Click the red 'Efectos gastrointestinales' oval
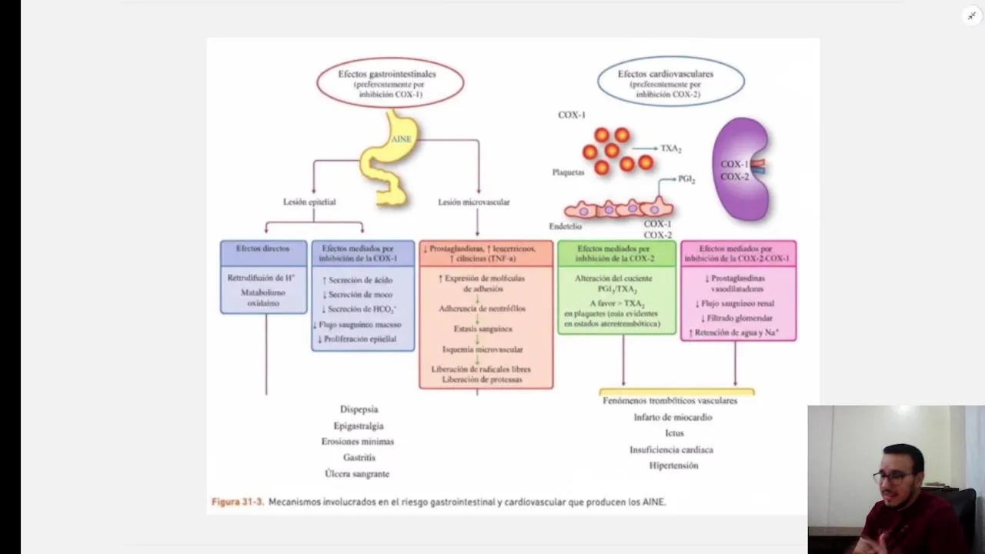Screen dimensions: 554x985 (390, 83)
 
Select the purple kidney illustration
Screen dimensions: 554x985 (741, 169)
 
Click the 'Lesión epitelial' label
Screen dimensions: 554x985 (309, 202)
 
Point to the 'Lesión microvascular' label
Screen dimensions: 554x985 (474, 202)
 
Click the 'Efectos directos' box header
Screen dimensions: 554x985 (263, 249)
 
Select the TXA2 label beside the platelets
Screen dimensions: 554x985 (671, 149)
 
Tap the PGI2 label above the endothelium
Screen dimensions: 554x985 (686, 179)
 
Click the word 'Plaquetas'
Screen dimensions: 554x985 (568, 172)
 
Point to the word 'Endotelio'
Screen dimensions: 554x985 (565, 226)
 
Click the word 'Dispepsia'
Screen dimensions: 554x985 (359, 409)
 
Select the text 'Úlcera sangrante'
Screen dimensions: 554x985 (357, 474)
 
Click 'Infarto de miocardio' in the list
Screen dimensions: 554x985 (673, 417)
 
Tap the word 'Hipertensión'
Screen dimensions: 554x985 (673, 466)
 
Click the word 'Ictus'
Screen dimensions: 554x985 (674, 433)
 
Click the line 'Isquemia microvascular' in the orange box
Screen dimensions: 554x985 (482, 349)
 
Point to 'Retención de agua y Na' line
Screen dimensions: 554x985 (736, 332)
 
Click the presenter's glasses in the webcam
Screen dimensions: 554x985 (893, 477)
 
